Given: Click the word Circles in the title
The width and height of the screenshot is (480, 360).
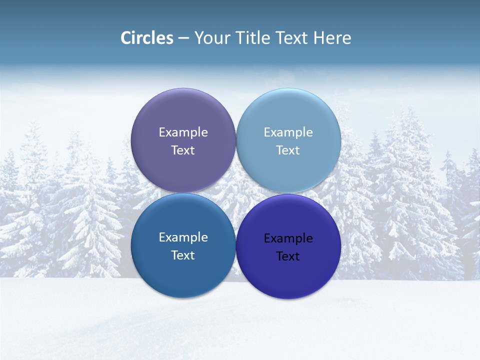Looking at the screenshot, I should (147, 38).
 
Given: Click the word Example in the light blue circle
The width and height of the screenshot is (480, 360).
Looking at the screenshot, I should (288, 132).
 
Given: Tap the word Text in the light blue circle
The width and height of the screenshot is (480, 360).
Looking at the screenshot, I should (288, 150).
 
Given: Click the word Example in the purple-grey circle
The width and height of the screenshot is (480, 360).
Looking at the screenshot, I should (183, 132).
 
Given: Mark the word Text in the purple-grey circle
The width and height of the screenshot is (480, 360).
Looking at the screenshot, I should (183, 150).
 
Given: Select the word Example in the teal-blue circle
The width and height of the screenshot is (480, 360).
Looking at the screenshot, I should (183, 237).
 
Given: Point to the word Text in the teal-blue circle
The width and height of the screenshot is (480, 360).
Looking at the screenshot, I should (183, 255).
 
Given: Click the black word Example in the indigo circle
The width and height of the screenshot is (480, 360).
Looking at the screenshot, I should (288, 238).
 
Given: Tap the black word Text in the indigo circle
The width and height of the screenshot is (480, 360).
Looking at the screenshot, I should (288, 256).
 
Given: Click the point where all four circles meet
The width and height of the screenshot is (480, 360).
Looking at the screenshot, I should (235, 193).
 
